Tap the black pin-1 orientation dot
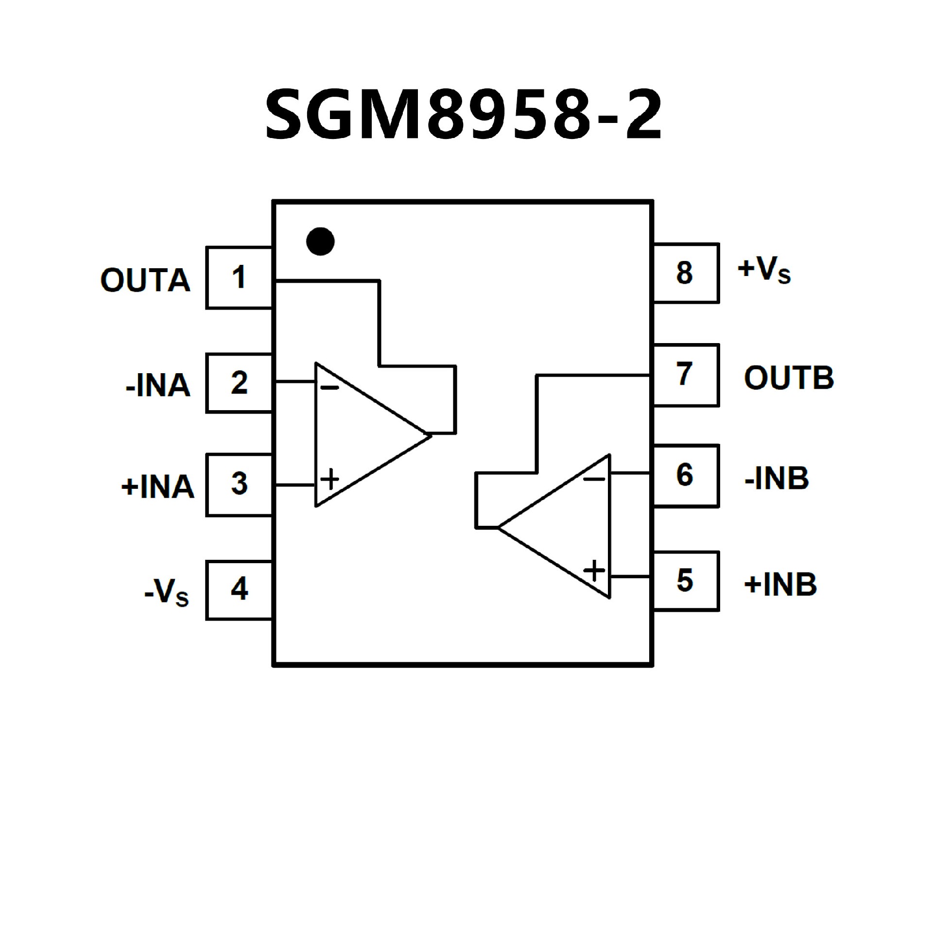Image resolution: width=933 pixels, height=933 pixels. [x=320, y=241]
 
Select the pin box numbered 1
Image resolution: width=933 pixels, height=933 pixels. [x=239, y=277]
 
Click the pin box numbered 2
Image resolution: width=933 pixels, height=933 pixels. [x=239, y=383]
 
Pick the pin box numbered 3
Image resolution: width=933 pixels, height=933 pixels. [x=239, y=484]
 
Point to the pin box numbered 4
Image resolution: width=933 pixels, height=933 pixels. [x=239, y=590]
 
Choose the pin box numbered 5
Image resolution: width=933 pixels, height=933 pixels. [x=685, y=581]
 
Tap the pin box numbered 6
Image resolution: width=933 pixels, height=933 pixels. [x=685, y=476]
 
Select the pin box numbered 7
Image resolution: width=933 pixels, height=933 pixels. [x=685, y=375]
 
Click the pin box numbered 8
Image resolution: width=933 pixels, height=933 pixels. [x=685, y=273]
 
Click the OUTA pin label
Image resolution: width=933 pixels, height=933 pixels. [x=145, y=280]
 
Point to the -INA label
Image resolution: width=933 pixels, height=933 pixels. [x=158, y=386]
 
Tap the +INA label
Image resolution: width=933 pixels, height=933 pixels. [x=157, y=486]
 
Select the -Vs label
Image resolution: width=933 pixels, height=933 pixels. [x=167, y=592]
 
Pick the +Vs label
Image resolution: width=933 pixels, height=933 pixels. [x=764, y=270]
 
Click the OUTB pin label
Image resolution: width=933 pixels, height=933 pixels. [x=789, y=378]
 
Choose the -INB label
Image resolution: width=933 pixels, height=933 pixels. [x=777, y=478]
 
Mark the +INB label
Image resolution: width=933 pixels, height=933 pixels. [x=780, y=584]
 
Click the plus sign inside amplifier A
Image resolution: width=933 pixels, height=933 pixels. [x=330, y=479]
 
